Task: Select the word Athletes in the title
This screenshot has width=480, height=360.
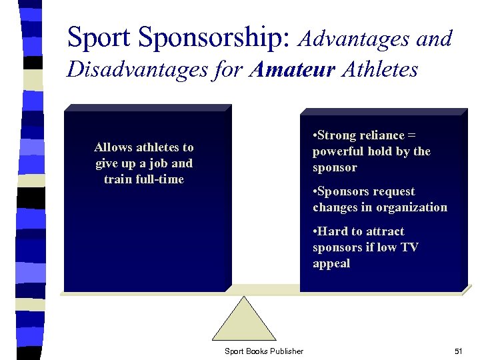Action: pos(379,69)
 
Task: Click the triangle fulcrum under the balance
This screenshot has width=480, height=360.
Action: pos(244,320)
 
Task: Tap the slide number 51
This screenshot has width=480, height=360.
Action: pos(458,351)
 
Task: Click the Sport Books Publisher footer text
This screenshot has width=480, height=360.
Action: pos(264,351)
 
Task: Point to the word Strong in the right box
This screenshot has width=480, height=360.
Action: pos(338,135)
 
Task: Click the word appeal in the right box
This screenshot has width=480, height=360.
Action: pos(331,263)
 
